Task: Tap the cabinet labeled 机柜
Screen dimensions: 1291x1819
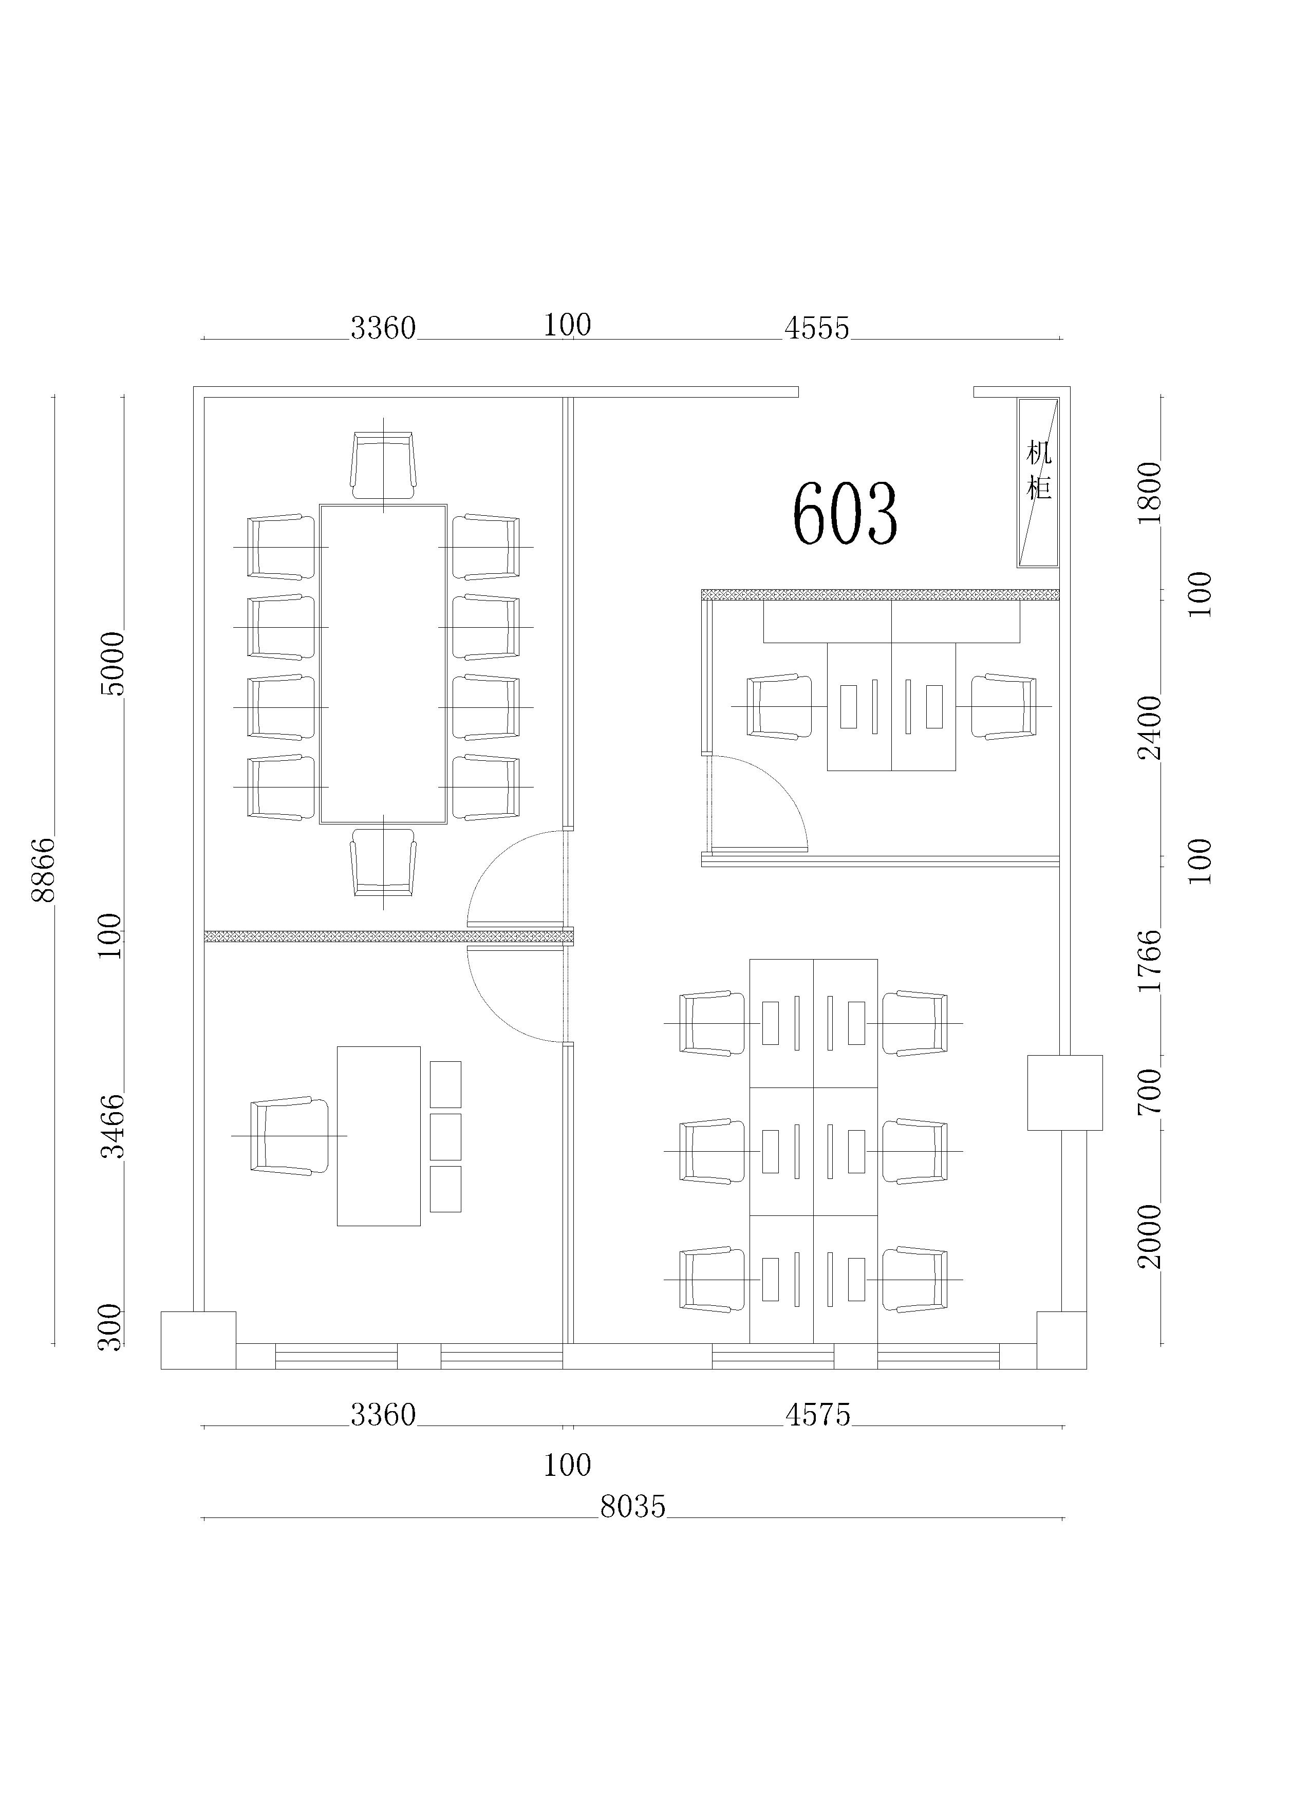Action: [1038, 482]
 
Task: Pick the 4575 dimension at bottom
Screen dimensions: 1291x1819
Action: [818, 1415]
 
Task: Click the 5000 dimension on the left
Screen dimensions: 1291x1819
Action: [113, 664]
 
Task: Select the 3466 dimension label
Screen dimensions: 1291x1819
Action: [113, 1126]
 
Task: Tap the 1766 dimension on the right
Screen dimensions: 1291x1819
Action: [1150, 961]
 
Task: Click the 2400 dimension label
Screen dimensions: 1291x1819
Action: [1150, 728]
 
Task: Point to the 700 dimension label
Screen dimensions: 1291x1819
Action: [1150, 1091]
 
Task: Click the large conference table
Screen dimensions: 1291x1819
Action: [383, 664]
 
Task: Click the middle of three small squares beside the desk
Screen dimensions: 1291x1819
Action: [445, 1136]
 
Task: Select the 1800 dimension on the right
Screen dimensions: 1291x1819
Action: [1150, 493]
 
